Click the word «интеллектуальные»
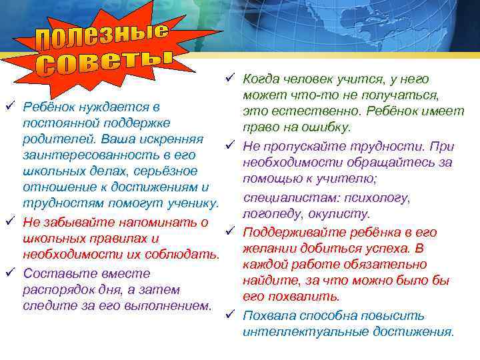coord(301,331)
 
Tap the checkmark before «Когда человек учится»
coord(230,78)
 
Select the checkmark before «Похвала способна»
coord(230,315)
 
